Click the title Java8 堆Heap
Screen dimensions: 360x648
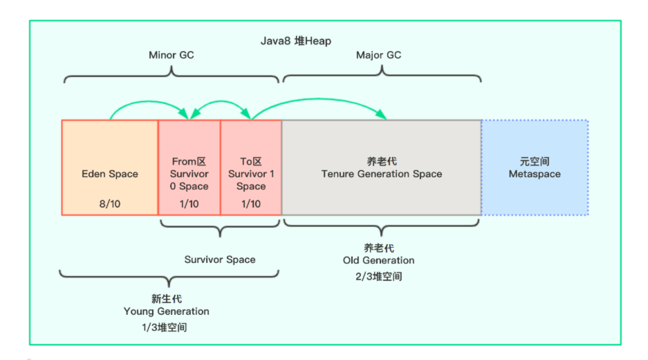(x=296, y=41)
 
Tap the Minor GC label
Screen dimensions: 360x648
(x=171, y=55)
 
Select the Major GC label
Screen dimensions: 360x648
(x=379, y=55)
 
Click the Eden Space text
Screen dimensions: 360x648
(x=110, y=174)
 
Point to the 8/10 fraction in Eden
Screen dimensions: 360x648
(x=110, y=204)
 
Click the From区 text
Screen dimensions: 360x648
(x=189, y=161)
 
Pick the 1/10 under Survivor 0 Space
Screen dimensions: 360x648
(x=189, y=204)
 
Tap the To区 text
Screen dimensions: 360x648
(x=251, y=161)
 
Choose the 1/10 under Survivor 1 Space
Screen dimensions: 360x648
(x=251, y=204)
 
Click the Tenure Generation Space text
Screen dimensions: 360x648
(x=382, y=174)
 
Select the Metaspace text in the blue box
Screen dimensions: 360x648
(x=534, y=174)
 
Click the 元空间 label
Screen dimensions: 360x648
(x=534, y=161)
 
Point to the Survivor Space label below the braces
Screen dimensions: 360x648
(x=220, y=260)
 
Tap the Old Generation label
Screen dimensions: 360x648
(x=379, y=260)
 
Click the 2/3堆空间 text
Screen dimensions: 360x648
(x=379, y=276)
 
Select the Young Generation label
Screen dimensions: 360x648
(x=166, y=311)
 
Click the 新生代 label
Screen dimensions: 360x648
(x=166, y=299)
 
